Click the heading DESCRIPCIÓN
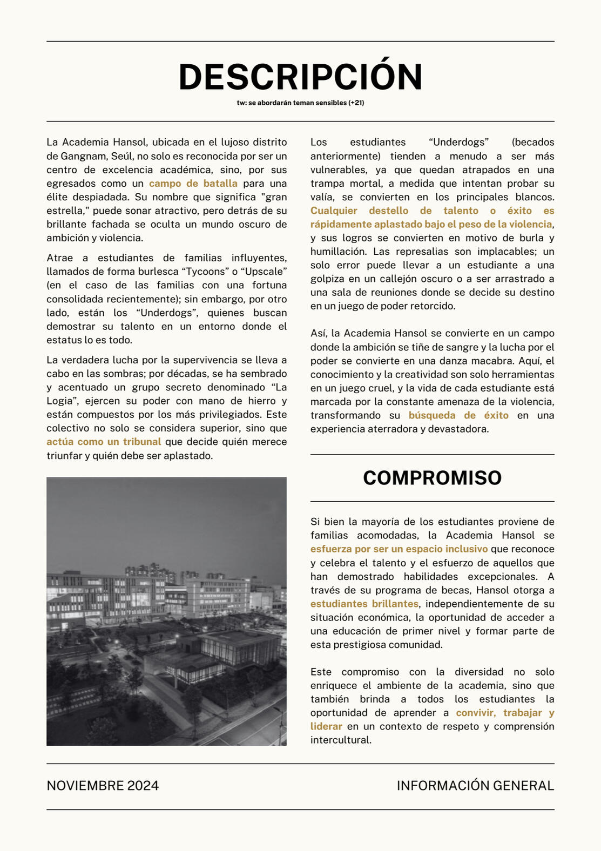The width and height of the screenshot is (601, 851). click(x=300, y=77)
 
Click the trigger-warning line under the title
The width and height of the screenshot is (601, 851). click(x=300, y=103)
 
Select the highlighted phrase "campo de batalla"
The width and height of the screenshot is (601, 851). click(x=193, y=184)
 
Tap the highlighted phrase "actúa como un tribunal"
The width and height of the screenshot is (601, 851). click(x=104, y=442)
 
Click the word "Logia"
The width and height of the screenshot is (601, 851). click(x=60, y=401)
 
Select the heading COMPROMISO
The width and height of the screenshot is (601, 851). click(x=432, y=478)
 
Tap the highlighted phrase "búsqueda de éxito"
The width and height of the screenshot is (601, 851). click(x=458, y=415)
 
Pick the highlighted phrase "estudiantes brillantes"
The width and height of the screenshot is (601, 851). click(x=364, y=604)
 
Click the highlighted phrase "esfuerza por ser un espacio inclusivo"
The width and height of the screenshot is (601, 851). click(x=399, y=549)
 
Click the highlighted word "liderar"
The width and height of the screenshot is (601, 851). click(x=326, y=726)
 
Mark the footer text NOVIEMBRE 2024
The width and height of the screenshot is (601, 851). click(x=103, y=786)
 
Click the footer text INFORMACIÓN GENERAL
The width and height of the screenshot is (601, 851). click(x=475, y=786)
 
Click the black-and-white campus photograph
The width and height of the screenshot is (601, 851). click(x=166, y=611)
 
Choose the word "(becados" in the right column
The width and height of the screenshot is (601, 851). click(x=532, y=143)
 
